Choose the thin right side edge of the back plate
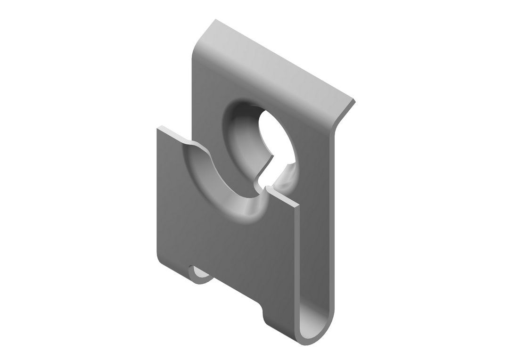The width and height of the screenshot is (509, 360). [336, 212]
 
